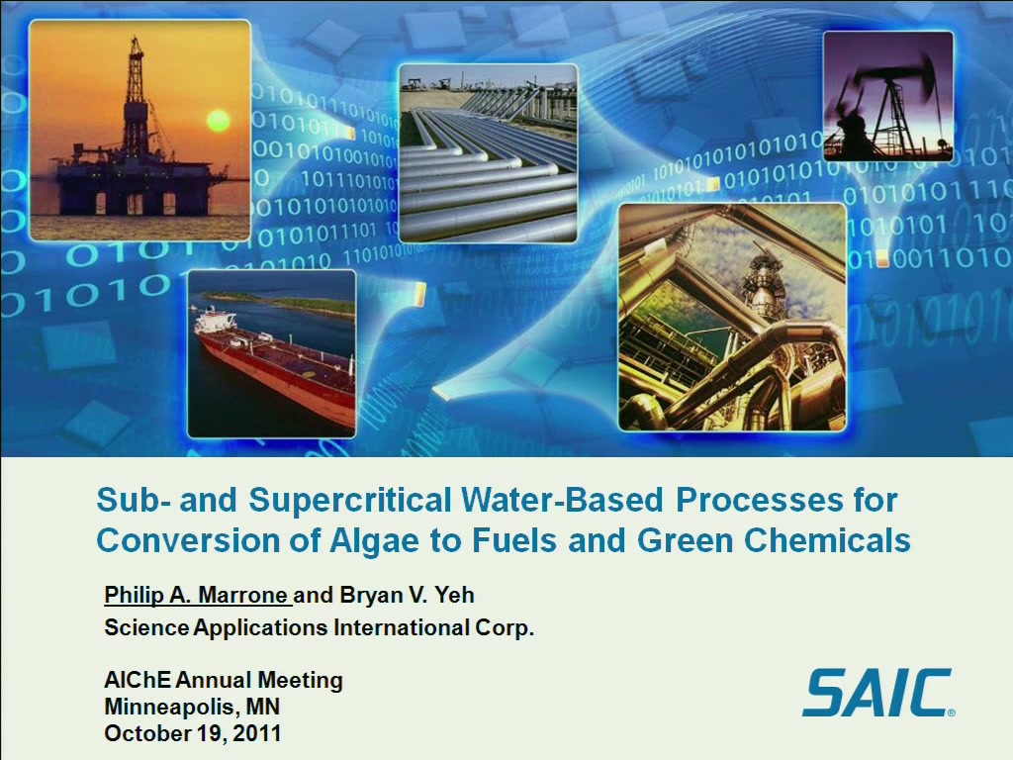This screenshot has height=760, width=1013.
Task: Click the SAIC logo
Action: point(878,693)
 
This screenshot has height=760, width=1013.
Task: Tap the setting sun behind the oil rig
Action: point(218,120)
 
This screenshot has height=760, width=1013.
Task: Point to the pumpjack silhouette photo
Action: point(888,96)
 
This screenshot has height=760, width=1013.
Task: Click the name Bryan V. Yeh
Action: point(407,595)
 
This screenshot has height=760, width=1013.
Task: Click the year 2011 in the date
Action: point(257,733)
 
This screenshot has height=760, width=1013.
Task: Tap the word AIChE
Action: point(138,680)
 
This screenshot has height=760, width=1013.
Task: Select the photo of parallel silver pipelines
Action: point(488,153)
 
